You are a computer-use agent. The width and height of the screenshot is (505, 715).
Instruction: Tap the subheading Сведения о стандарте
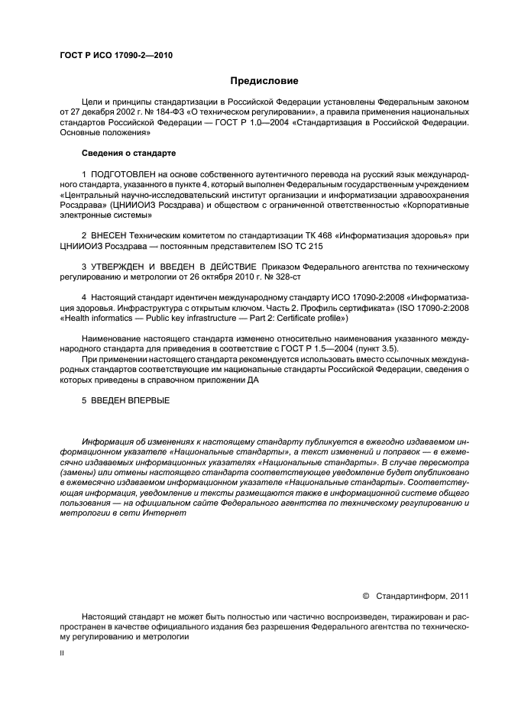pyautogui.click(x=123, y=154)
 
